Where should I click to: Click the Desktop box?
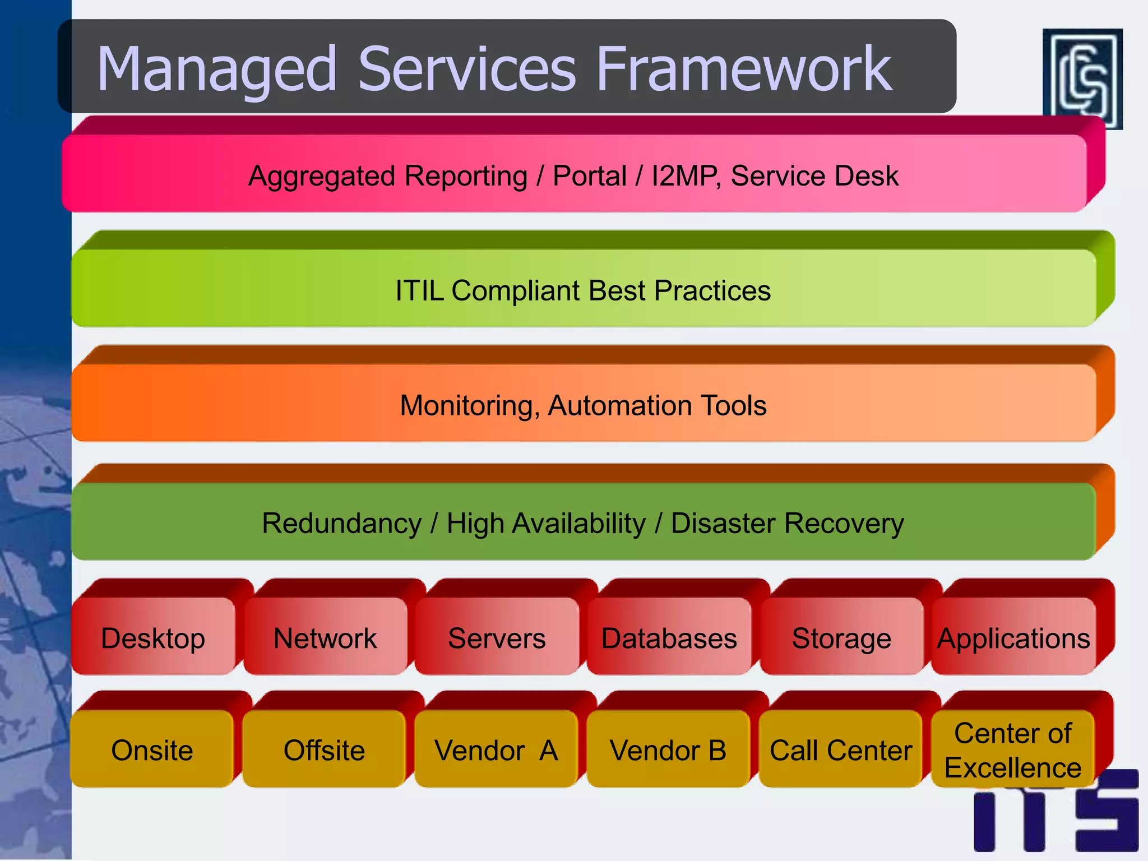153,638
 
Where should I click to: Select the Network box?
325,638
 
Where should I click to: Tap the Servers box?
497,638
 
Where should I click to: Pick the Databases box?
669,638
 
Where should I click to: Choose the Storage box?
841,638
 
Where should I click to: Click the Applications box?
1013,638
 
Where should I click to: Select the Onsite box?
152,749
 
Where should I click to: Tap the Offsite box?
324,749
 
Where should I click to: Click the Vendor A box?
496,749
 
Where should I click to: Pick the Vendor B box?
668,749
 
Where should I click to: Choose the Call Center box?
841,749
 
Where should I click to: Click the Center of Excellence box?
1013,749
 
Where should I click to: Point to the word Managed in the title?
216,70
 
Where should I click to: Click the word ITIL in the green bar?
419,290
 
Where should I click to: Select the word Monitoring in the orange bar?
469,405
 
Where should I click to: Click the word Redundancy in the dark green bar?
341,523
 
